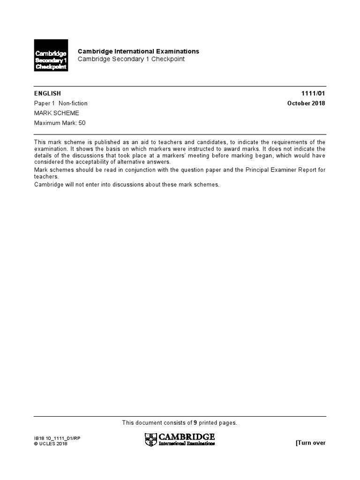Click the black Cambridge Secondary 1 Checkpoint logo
51,55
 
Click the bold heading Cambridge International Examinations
138,51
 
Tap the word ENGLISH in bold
47,94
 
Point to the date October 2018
306,103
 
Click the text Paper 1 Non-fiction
61,103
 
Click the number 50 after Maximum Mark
82,123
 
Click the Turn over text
310,443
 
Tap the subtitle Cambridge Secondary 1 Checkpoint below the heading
131,59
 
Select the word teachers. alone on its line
46,177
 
